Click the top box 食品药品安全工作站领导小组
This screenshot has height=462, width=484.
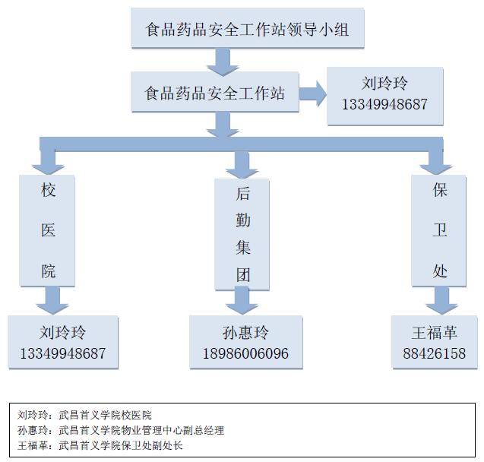(247, 30)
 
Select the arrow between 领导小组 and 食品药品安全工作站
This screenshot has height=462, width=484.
(223, 61)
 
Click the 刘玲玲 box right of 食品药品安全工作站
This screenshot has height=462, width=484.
(384, 96)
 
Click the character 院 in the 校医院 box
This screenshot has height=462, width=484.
(48, 271)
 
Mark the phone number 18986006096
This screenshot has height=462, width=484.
(245, 354)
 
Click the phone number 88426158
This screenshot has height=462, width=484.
(435, 353)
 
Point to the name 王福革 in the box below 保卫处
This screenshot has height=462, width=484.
(435, 333)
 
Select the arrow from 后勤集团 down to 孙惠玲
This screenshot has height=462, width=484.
(241, 302)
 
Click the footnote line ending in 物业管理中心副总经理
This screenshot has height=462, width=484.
(121, 430)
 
